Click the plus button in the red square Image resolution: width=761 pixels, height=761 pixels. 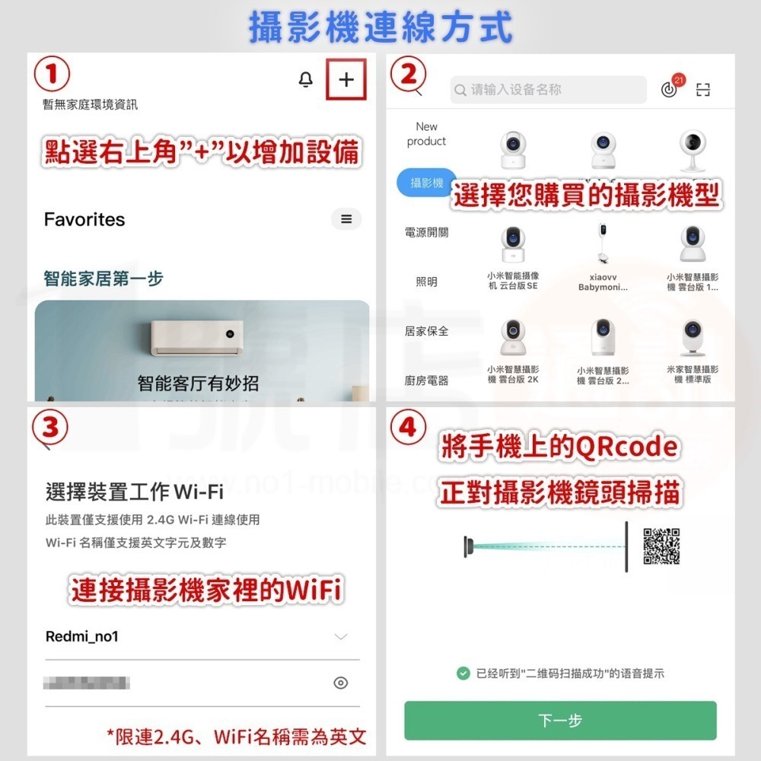pyautogui.click(x=346, y=80)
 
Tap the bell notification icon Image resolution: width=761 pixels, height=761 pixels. pyautogui.click(x=306, y=80)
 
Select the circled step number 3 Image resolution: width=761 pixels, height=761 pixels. pyautogui.click(x=50, y=427)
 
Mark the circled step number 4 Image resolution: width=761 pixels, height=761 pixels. pyautogui.click(x=408, y=427)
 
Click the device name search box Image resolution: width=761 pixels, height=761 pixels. pyautogui.click(x=548, y=90)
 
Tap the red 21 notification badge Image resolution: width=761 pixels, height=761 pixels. pyautogui.click(x=679, y=79)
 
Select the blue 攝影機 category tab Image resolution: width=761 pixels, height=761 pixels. pyautogui.click(x=427, y=183)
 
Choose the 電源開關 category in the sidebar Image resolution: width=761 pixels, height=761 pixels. pyautogui.click(x=427, y=232)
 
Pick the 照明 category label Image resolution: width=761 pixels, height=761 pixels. pyautogui.click(x=427, y=282)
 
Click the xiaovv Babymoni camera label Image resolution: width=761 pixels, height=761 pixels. pyautogui.click(x=603, y=282)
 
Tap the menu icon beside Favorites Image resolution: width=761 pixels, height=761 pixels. pyautogui.click(x=346, y=219)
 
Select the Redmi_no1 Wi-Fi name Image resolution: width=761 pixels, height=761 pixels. pyautogui.click(x=82, y=636)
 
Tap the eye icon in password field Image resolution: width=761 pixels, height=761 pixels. pyautogui.click(x=341, y=683)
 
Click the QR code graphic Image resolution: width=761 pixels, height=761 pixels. pyautogui.click(x=661, y=546)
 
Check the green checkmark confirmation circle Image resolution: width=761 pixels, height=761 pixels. pyautogui.click(x=463, y=673)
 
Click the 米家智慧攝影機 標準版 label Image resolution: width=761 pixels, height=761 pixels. pyautogui.click(x=692, y=374)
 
